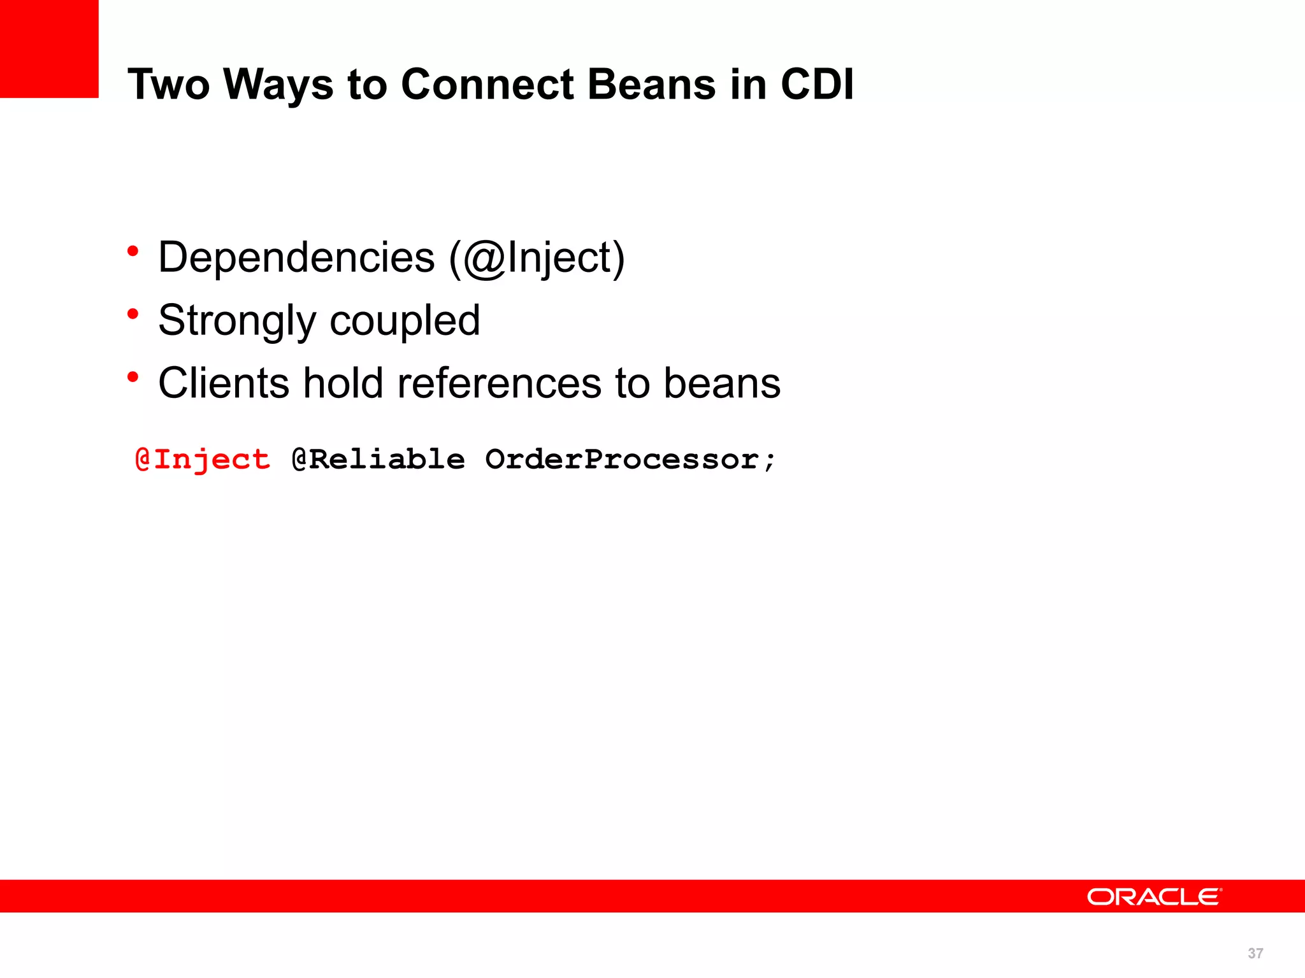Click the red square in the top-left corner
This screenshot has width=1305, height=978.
click(49, 49)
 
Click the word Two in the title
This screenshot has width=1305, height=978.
click(168, 85)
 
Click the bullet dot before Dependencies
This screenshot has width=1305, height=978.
click(133, 251)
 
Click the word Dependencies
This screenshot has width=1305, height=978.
click(296, 258)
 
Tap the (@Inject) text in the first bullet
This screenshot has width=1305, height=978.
click(537, 258)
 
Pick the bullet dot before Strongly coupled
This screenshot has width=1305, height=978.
click(133, 314)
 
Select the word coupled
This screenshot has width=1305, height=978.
click(405, 321)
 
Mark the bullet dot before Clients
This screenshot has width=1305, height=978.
click(133, 377)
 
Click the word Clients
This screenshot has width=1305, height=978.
click(224, 383)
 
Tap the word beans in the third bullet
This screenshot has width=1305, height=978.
click(722, 383)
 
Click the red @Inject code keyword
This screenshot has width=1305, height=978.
click(203, 460)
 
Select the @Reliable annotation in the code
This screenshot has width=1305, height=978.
click(379, 460)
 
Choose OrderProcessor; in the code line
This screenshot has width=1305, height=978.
click(631, 460)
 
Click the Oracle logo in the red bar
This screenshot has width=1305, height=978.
click(1154, 896)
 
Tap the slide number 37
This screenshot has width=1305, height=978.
click(1255, 953)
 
